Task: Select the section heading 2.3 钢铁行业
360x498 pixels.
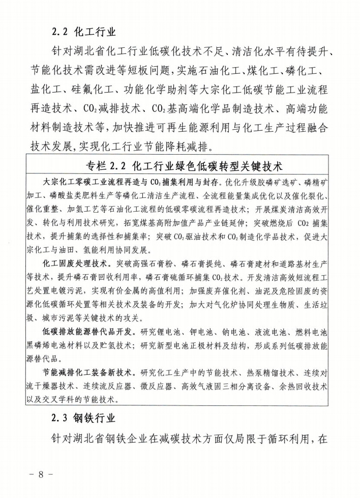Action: pyautogui.click(x=84, y=419)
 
